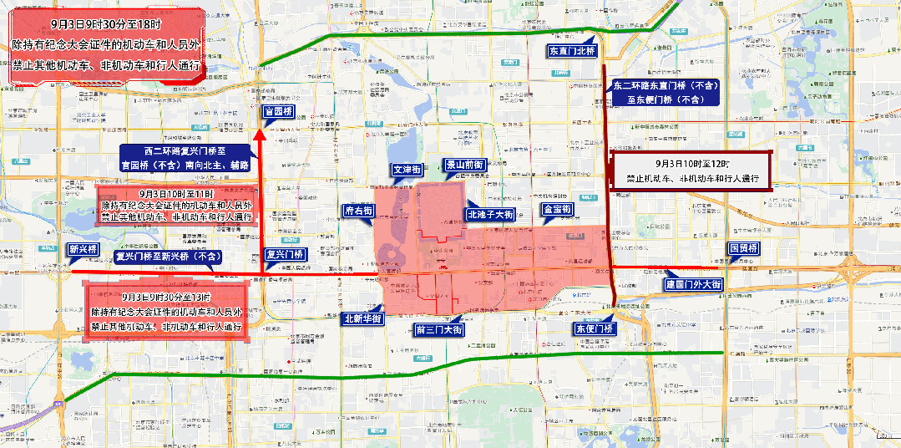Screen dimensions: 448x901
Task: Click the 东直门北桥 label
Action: pos(571,51)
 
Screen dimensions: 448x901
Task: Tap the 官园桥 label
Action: pos(278,111)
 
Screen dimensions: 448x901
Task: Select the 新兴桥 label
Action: pos(84,249)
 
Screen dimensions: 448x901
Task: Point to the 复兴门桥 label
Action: pos(285,254)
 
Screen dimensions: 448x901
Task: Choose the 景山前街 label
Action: pos(464,165)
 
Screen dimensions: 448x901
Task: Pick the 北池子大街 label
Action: pos(490,215)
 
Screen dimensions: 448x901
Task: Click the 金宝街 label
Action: pos(556,209)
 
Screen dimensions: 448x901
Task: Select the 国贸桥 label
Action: pos(743,249)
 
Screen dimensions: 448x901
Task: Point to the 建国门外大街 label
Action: pos(693,285)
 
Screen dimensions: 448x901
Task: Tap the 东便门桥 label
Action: pos(593,328)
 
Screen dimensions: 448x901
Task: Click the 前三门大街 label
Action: pos(439,330)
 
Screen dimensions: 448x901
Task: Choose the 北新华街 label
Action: pos(362,318)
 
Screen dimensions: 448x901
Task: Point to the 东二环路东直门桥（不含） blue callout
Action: pos(665,92)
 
